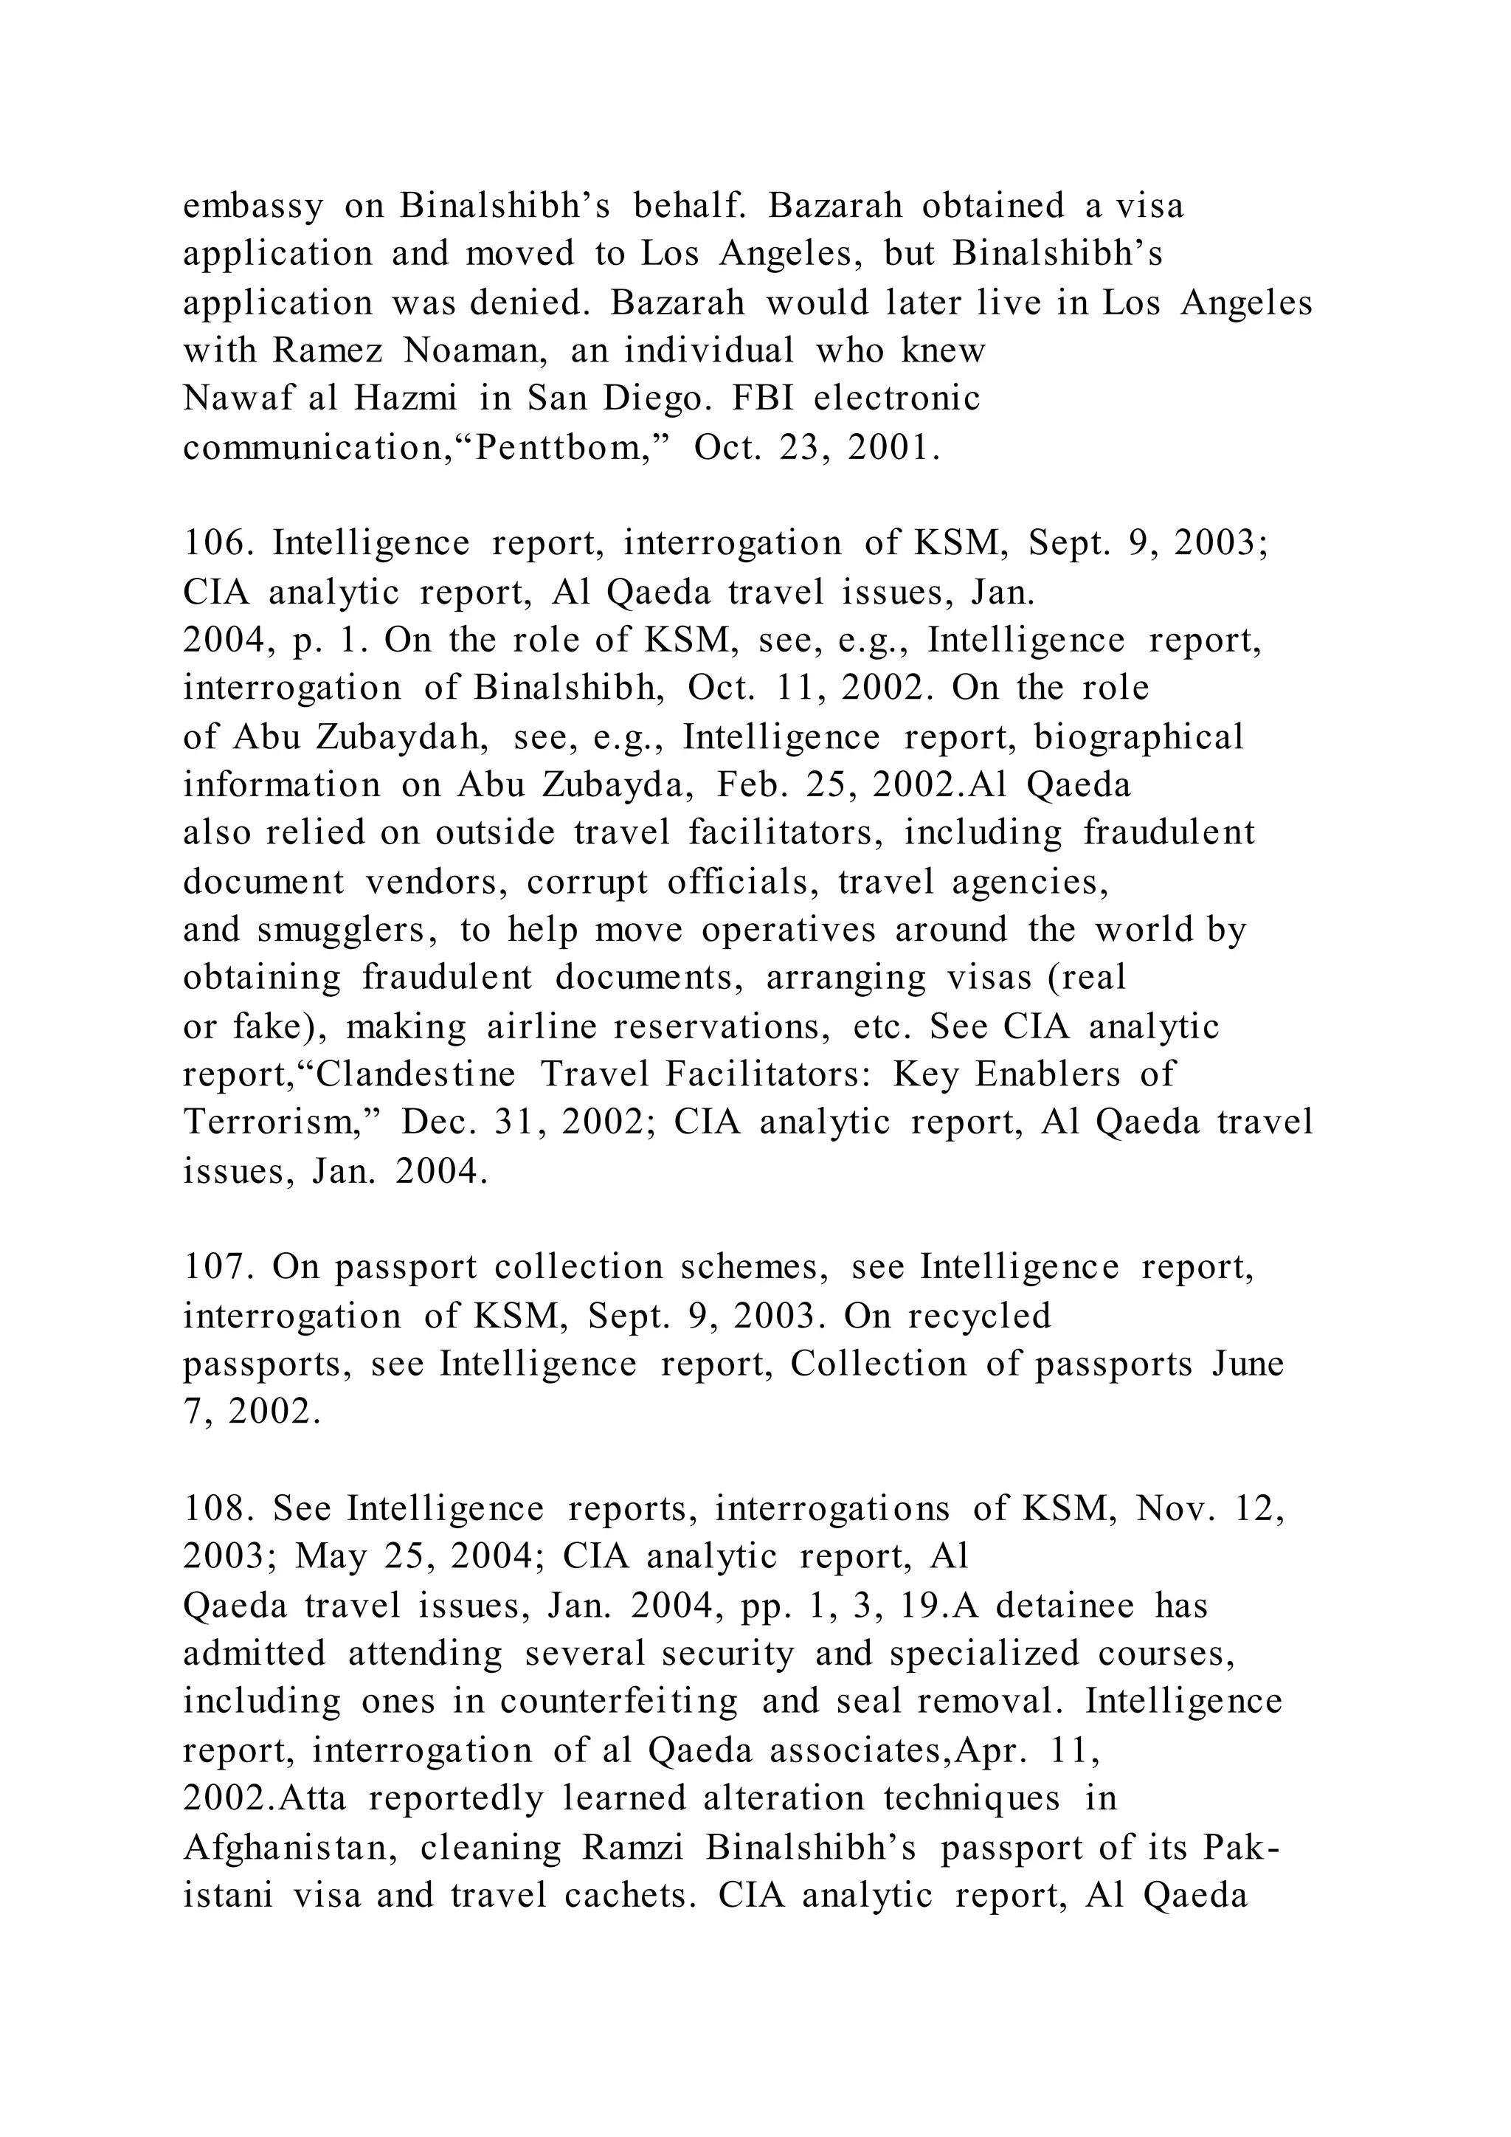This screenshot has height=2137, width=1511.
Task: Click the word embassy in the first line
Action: (x=253, y=207)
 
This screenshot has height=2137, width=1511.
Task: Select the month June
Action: (x=1248, y=1364)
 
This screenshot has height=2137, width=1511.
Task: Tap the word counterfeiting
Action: (x=619, y=1702)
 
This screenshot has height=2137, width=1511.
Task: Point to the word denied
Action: (x=528, y=303)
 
